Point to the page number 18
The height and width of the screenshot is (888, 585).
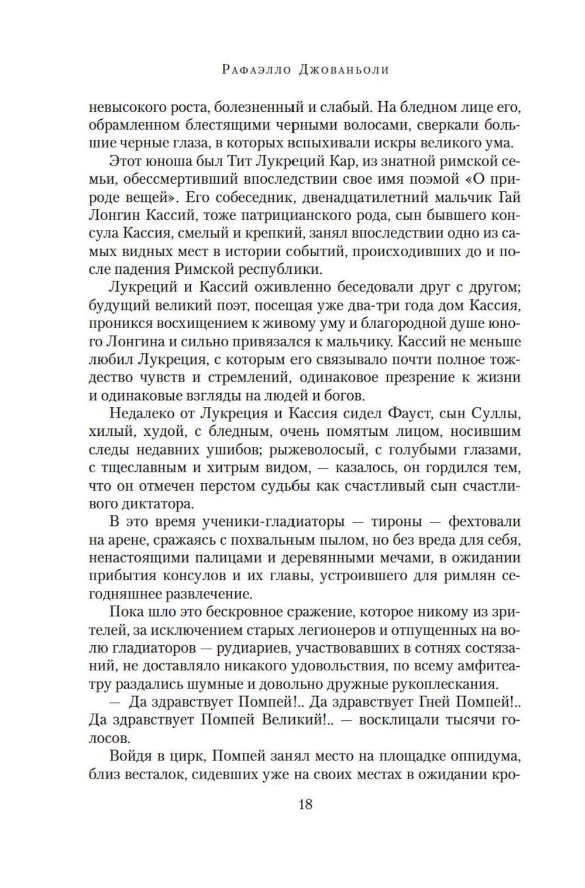[x=305, y=804]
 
